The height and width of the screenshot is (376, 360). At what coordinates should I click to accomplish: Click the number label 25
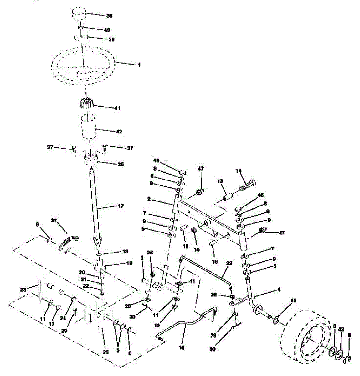pyautogui.click(x=106, y=352)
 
